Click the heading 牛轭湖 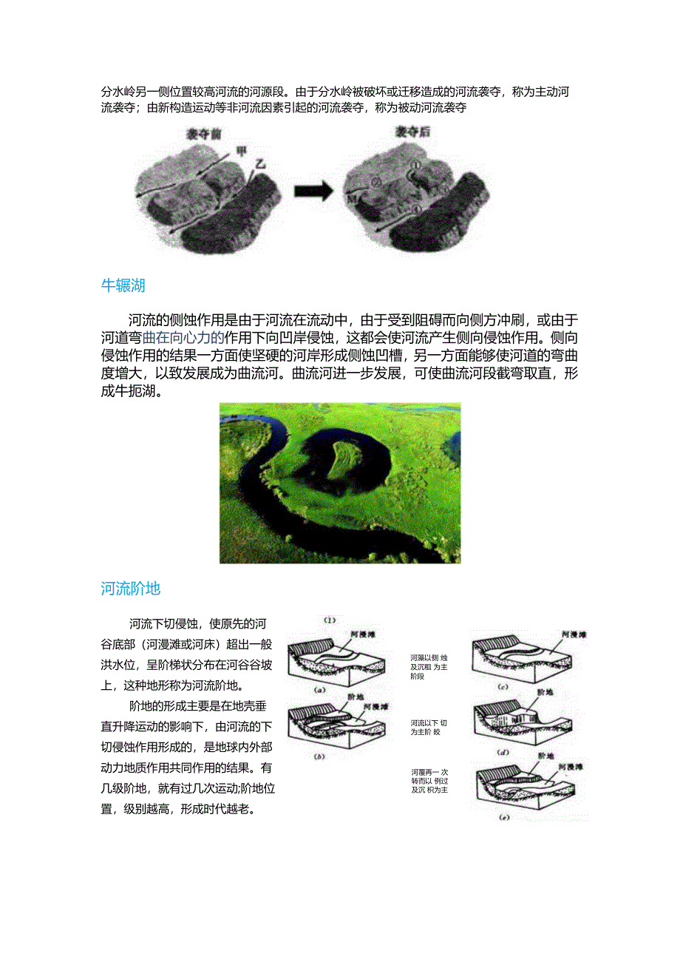[123, 285]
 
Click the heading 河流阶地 [131, 589]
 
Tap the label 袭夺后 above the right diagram [412, 133]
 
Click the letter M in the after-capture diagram [352, 198]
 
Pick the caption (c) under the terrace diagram [503, 688]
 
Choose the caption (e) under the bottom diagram [505, 818]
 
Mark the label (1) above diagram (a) [330, 620]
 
